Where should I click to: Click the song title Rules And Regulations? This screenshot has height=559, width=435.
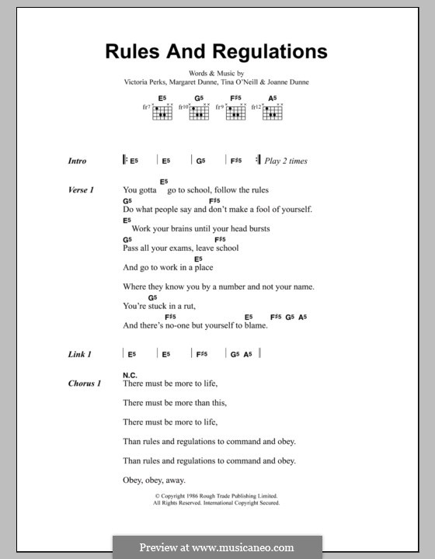click(217, 52)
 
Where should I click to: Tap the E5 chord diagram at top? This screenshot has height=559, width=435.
click(162, 110)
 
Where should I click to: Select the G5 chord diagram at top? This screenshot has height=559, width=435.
click(198, 110)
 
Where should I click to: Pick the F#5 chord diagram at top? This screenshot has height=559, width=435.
click(235, 110)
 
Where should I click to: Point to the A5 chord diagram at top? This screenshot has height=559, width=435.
click(272, 110)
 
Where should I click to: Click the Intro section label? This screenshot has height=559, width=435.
click(78, 161)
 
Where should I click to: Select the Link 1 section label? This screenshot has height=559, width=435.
click(80, 354)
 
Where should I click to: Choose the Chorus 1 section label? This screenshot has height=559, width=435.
click(84, 384)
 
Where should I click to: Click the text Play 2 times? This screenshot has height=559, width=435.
click(286, 161)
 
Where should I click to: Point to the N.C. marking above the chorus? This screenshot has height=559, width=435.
click(129, 375)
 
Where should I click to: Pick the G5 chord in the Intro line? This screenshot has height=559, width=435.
click(200, 161)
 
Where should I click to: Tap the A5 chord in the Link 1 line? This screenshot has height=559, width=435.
click(248, 354)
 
